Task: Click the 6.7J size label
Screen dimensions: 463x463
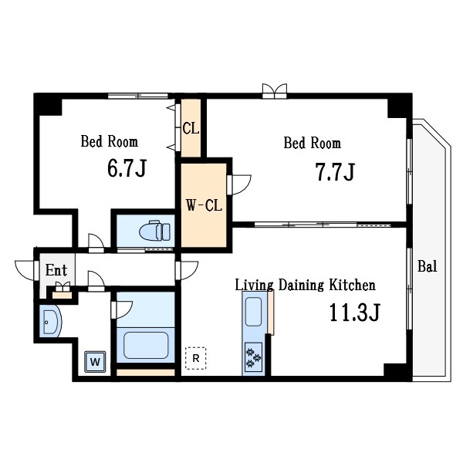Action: pyautogui.click(x=127, y=168)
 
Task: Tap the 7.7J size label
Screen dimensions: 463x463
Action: pyautogui.click(x=335, y=172)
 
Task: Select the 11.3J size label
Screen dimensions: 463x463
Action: pyautogui.click(x=354, y=313)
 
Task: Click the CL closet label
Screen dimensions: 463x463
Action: pyautogui.click(x=191, y=128)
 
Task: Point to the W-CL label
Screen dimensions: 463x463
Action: pyautogui.click(x=204, y=205)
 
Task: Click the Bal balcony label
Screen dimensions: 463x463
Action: pyautogui.click(x=427, y=266)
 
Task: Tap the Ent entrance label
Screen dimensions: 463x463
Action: pyautogui.click(x=56, y=270)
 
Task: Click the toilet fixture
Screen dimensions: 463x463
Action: pyautogui.click(x=154, y=230)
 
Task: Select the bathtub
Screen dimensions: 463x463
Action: pyautogui.click(x=146, y=345)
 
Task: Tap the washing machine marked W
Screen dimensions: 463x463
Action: pyautogui.click(x=95, y=361)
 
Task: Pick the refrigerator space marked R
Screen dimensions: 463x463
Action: pyautogui.click(x=195, y=358)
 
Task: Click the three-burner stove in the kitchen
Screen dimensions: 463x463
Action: pyautogui.click(x=253, y=357)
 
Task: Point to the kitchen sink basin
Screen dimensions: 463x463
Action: pyautogui.click(x=253, y=312)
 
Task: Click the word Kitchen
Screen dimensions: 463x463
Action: pyautogui.click(x=353, y=285)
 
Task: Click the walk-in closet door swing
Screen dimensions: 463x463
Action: pyautogui.click(x=239, y=185)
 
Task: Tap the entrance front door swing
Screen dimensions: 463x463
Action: pyautogui.click(x=26, y=270)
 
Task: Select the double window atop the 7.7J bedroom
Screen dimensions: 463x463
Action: pyautogui.click(x=275, y=90)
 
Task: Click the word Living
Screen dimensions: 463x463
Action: pyautogui.click(x=254, y=286)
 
